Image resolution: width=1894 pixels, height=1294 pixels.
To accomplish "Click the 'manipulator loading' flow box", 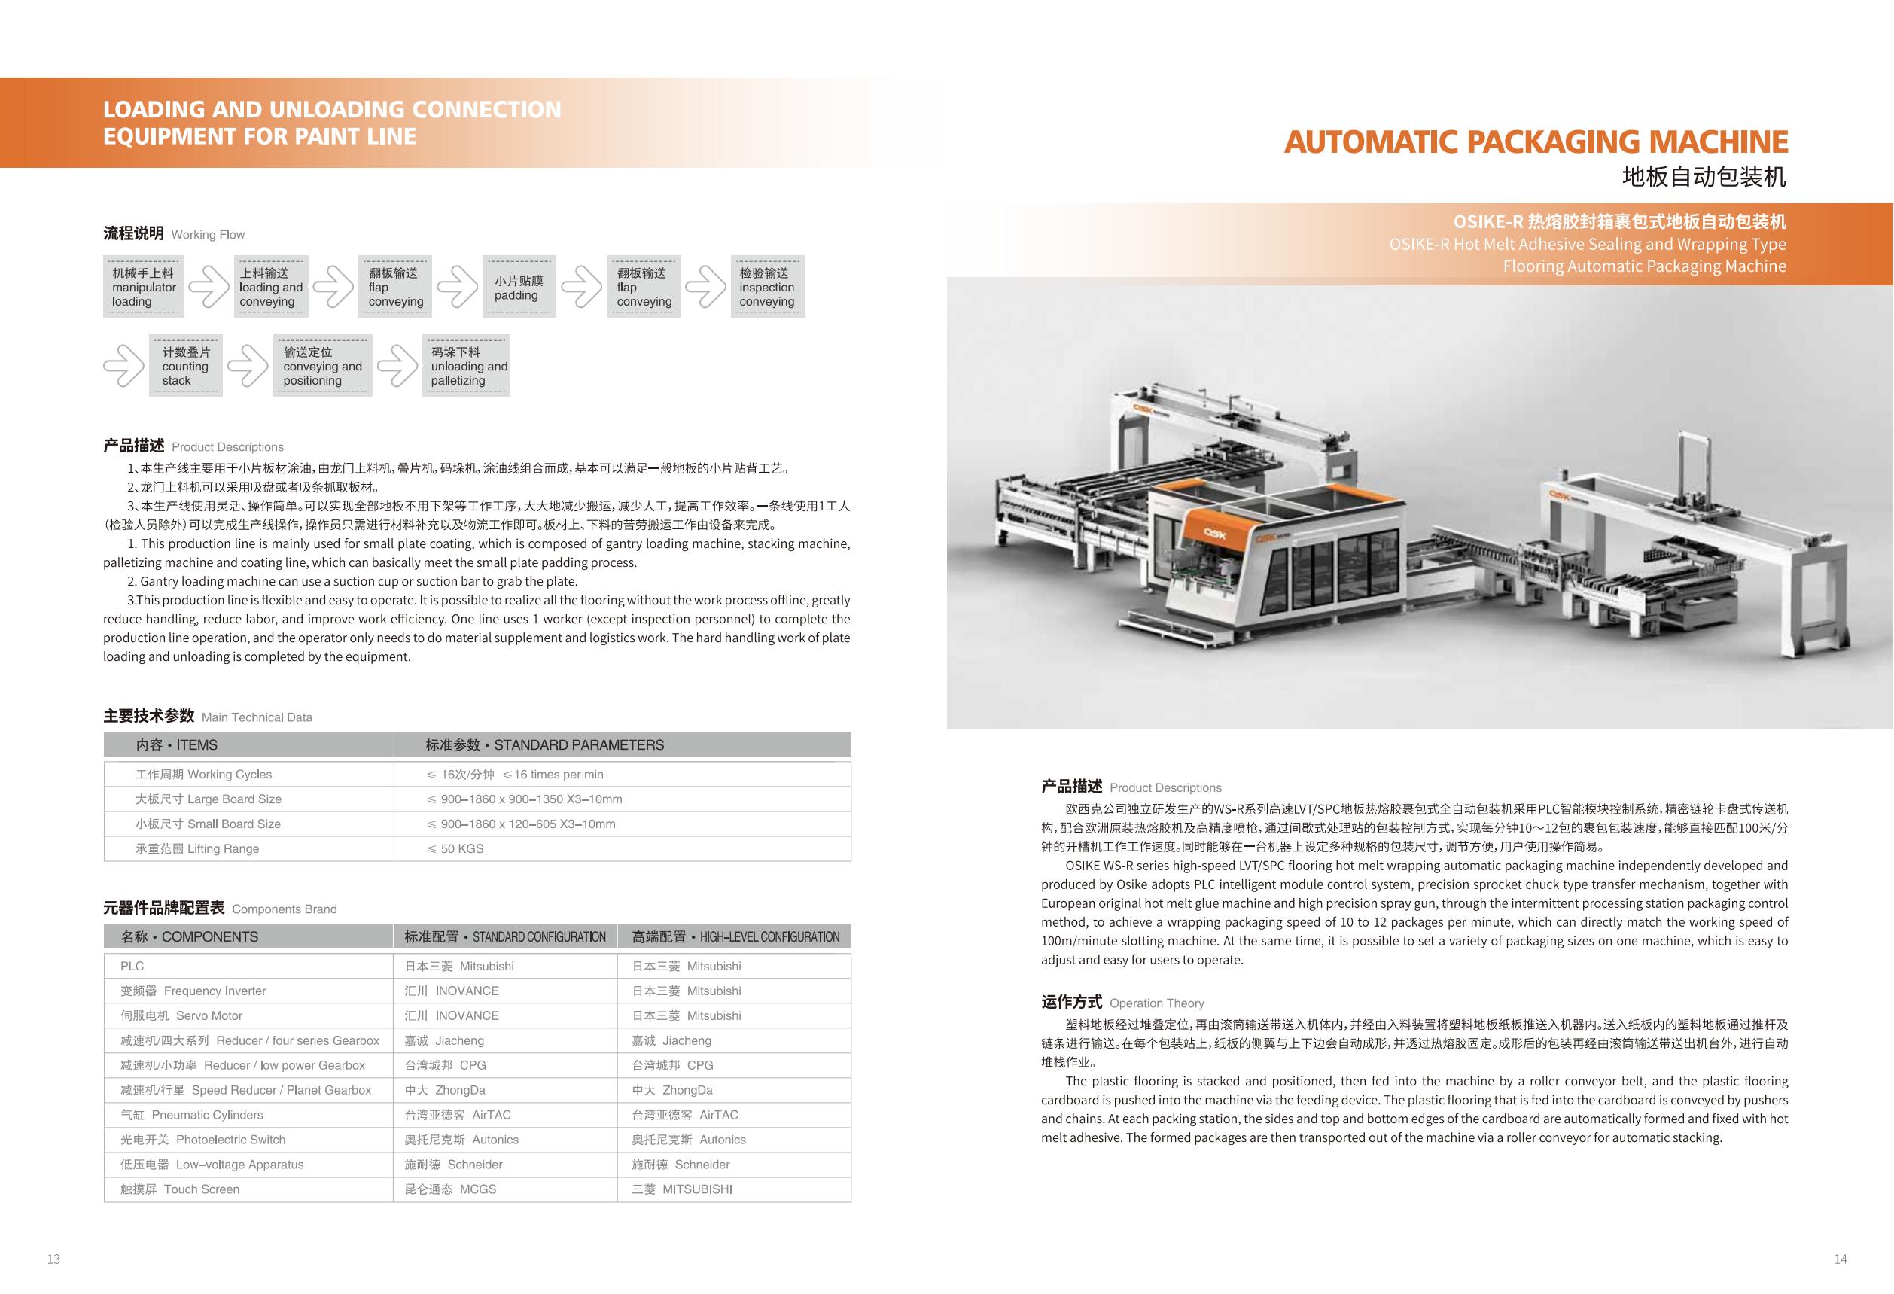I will pos(144,287).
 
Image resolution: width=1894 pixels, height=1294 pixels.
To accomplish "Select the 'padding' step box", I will pos(519,287).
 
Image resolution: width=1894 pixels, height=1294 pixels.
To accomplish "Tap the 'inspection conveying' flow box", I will pos(767,287).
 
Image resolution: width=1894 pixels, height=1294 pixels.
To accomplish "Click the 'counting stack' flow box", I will pos(185,366).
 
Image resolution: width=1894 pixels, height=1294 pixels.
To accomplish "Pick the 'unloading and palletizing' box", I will pos(466,366).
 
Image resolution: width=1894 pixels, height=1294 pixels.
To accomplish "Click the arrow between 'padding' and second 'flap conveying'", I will pos(581,287).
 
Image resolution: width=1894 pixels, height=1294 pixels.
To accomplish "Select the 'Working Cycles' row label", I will pos(204,774).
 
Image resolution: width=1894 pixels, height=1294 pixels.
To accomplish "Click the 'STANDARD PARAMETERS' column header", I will pos(544,744).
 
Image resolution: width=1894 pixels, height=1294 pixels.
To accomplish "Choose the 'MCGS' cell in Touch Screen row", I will pos(450,1189).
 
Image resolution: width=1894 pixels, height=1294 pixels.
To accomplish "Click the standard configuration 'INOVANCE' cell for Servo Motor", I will pos(452,1015).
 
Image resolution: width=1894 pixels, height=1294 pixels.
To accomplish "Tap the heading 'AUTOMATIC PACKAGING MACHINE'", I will pos(1536,142).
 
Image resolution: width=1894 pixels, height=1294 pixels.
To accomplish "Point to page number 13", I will pos(53,1259).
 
